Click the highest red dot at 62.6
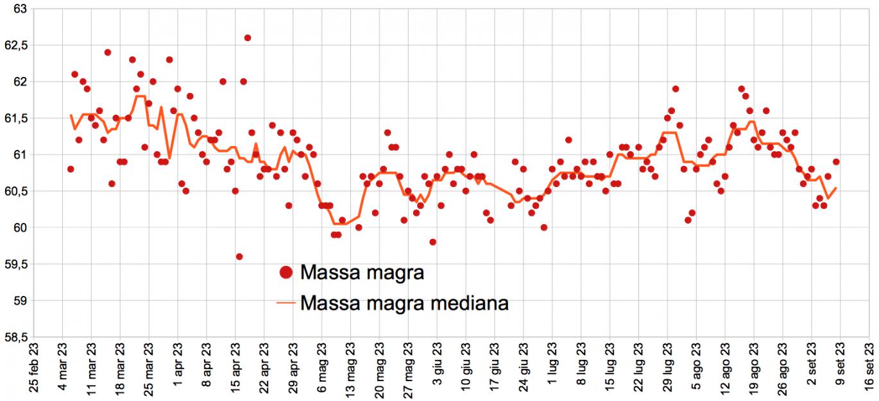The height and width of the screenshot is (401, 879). (x=248, y=38)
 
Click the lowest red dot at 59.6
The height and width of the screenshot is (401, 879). (x=239, y=256)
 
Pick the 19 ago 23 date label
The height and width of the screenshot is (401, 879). (x=754, y=370)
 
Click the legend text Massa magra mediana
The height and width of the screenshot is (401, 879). (x=404, y=302)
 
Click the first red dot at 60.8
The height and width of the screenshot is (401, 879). (x=71, y=169)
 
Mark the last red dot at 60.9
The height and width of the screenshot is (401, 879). (x=836, y=162)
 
